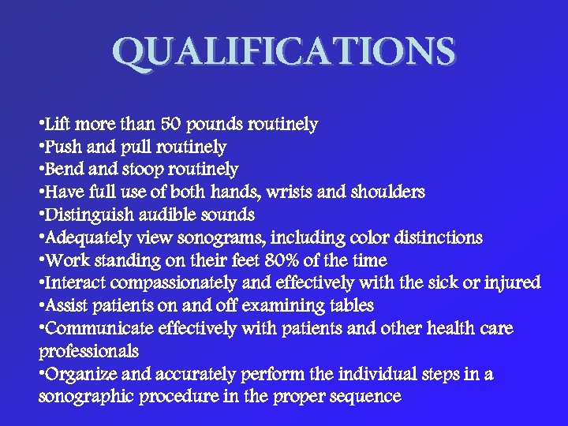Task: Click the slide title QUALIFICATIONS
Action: point(284,52)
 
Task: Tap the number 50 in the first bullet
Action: point(171,125)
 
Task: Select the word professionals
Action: point(89,351)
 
